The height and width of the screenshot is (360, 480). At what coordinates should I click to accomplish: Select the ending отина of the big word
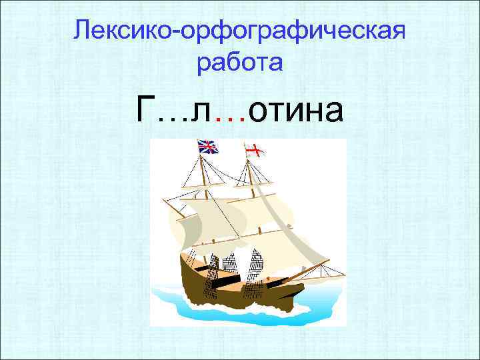(297, 110)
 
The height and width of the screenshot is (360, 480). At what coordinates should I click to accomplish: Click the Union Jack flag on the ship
(208, 147)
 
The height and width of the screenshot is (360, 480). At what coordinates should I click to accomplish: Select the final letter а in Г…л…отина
(333, 111)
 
